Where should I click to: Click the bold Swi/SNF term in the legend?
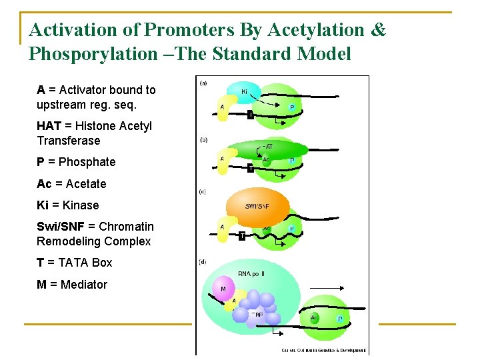60,227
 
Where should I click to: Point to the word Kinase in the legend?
78,205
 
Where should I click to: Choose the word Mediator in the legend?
83,285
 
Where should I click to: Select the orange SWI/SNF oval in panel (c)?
257,207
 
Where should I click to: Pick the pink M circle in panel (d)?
223,289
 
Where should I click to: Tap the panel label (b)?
203,139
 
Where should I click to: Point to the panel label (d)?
203,261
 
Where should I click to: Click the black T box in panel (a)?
250,115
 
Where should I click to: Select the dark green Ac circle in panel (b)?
265,159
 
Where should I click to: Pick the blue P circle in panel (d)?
339,319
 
